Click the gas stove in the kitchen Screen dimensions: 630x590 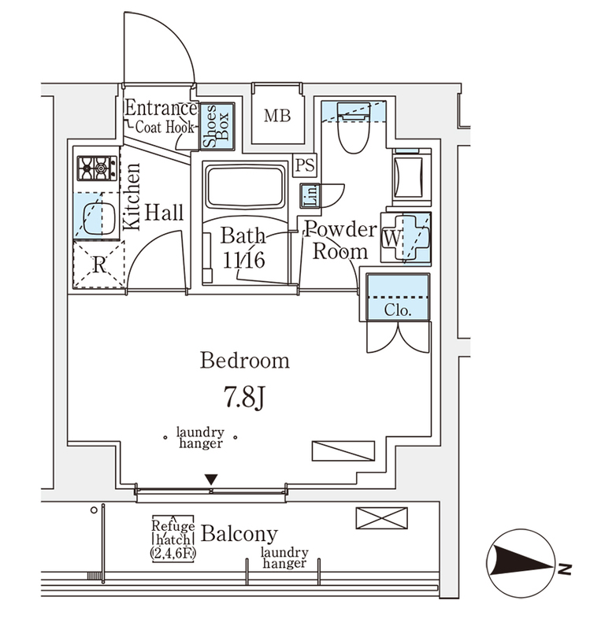point(96,167)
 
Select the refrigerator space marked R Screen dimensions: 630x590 point(98,265)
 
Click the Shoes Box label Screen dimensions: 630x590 point(216,126)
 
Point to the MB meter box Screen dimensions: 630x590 point(276,117)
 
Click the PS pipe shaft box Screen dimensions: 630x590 point(303,165)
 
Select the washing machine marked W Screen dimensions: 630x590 point(406,236)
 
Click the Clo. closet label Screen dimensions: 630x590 point(398,309)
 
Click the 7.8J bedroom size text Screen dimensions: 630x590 point(243,395)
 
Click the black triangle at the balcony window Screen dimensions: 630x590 point(210,480)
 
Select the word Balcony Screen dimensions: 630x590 point(239,534)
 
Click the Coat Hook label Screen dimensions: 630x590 point(164,126)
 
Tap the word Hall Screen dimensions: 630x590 point(164,213)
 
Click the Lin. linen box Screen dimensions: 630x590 point(309,195)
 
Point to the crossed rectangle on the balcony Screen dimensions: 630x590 point(383,517)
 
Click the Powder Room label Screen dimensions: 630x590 point(340,240)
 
